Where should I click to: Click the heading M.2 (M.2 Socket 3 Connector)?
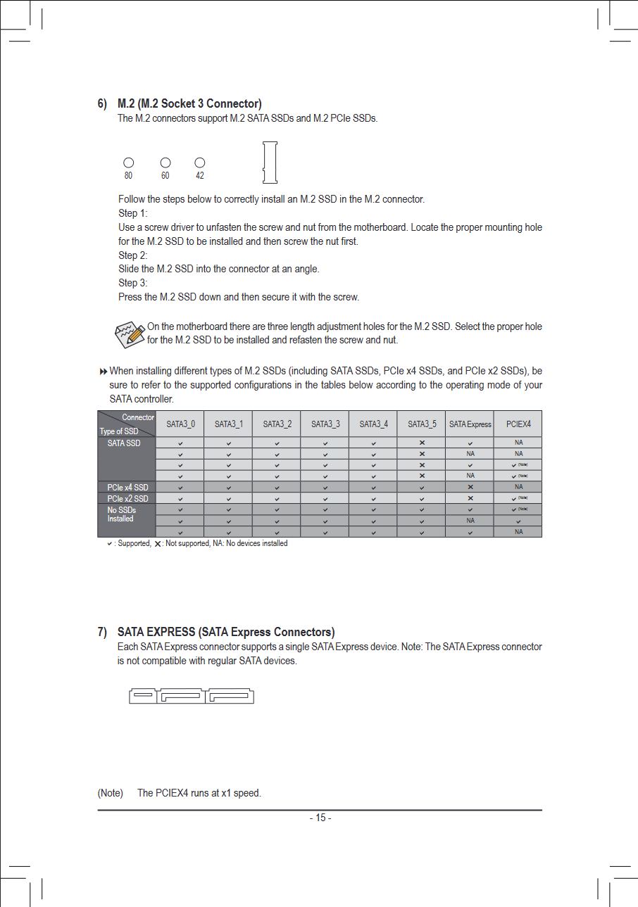coord(189,105)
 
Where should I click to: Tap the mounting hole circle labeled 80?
coord(129,163)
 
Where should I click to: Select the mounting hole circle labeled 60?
coord(165,163)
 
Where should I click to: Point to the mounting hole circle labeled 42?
coord(200,163)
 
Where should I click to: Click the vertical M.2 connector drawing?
coord(269,162)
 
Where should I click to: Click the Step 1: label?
coord(133,213)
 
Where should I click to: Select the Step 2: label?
coord(133,255)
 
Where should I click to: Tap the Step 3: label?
coord(133,283)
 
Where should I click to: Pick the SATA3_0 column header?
coord(180,424)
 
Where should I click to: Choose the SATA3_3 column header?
coord(325,424)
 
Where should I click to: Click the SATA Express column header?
coord(470,424)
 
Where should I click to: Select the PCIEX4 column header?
coord(518,424)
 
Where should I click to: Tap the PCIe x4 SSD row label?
coord(127,487)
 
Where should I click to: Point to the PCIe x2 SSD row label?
coord(127,498)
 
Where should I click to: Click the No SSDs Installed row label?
coord(122,514)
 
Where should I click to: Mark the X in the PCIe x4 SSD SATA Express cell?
coord(470,487)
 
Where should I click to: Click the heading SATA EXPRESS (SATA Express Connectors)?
coord(225,632)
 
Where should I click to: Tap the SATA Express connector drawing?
coord(191,696)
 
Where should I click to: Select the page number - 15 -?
coord(320,818)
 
